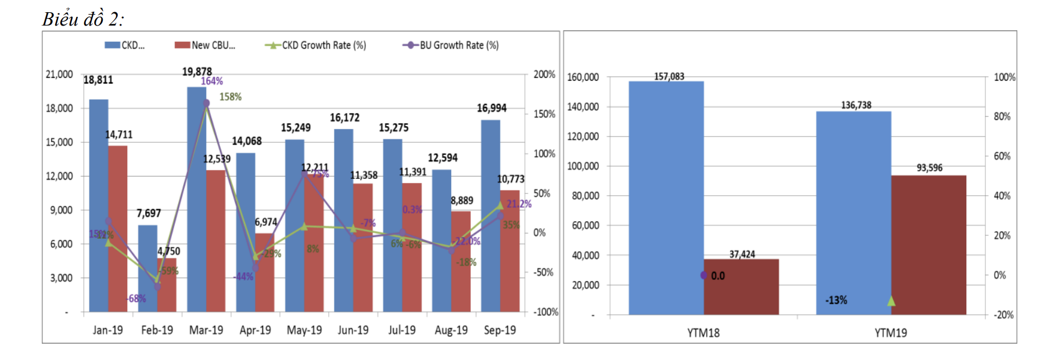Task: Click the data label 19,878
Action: click(x=197, y=71)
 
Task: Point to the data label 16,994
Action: click(x=491, y=108)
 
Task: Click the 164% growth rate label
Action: click(x=212, y=81)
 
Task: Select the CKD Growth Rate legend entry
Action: click(x=316, y=45)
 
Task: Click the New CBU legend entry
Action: click(x=206, y=45)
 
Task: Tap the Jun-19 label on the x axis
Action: click(x=353, y=330)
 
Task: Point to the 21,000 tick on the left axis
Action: click(x=59, y=74)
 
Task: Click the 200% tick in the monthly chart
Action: click(x=544, y=74)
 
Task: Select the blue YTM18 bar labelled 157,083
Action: click(x=666, y=197)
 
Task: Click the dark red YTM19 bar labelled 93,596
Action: click(x=928, y=244)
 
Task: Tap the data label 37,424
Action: click(x=742, y=254)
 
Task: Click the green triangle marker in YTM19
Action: click(x=891, y=301)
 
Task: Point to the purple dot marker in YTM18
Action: click(x=704, y=275)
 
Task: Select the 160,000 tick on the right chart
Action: click(x=582, y=77)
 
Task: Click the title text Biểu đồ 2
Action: click(x=82, y=19)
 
